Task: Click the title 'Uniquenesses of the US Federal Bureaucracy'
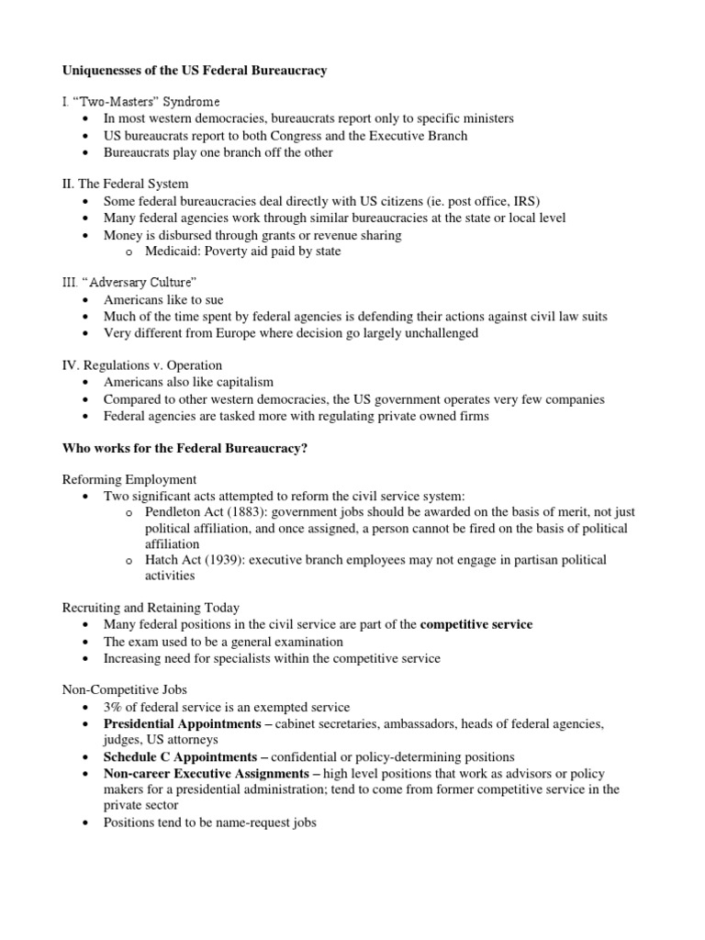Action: point(194,71)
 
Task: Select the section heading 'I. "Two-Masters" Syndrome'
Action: point(140,101)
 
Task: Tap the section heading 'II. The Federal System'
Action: point(125,184)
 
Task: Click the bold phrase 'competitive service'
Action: point(476,624)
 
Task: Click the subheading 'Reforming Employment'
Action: point(129,478)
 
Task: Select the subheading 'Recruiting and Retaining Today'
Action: point(151,608)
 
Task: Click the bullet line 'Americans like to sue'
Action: point(162,300)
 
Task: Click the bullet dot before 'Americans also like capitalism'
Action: point(85,383)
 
